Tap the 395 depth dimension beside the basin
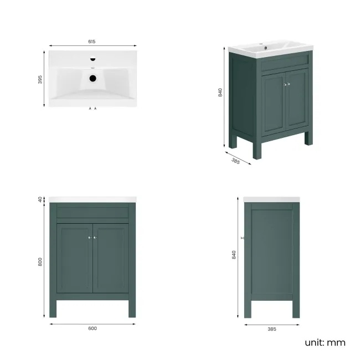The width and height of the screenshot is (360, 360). coord(40,79)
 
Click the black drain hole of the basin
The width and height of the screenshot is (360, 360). coord(92,78)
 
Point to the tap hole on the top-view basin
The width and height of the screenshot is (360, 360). coord(92,59)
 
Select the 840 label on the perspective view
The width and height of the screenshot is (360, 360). coord(220,93)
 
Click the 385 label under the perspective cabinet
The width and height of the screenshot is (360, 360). coord(235,162)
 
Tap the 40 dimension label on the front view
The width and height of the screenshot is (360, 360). coord(40,199)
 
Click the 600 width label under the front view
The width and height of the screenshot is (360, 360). coord(92,329)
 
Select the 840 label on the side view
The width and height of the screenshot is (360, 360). coord(234,255)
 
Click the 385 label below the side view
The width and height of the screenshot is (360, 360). coord(272,329)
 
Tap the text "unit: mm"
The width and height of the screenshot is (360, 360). coord(325,343)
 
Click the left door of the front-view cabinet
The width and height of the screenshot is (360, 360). coord(74,259)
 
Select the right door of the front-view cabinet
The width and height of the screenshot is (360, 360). coord(111,259)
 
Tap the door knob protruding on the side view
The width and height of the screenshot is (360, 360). coord(242,238)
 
